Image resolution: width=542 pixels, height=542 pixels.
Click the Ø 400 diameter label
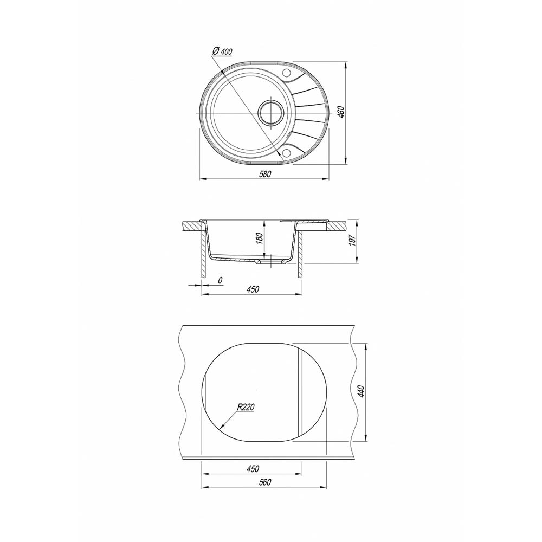pyautogui.click(x=221, y=51)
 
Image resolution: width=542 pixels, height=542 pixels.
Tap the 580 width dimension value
pyautogui.click(x=265, y=174)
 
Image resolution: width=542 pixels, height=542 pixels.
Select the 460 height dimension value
pyautogui.click(x=341, y=112)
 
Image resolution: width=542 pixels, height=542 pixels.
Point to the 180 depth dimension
pyautogui.click(x=260, y=238)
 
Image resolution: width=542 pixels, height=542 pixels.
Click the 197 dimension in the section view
pyautogui.click(x=352, y=240)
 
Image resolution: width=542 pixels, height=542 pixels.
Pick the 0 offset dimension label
pyautogui.click(x=220, y=280)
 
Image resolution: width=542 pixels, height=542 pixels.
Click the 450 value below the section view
pyautogui.click(x=253, y=289)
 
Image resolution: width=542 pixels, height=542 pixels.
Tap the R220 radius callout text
pyautogui.click(x=246, y=407)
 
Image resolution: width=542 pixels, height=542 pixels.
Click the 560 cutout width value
pyautogui.click(x=265, y=482)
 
